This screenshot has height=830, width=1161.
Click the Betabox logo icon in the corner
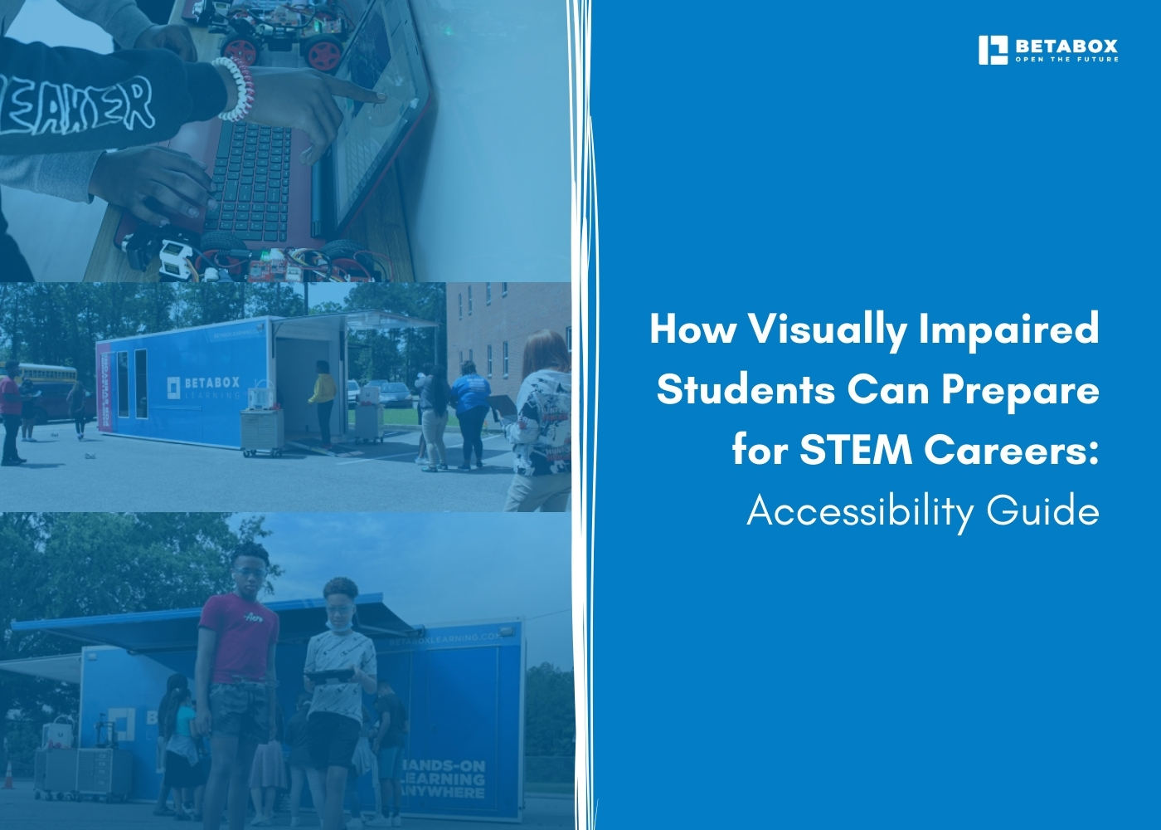pyautogui.click(x=993, y=50)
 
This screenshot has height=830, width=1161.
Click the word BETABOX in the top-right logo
pyautogui.click(x=1066, y=46)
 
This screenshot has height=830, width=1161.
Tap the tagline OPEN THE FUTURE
pyautogui.click(x=1066, y=60)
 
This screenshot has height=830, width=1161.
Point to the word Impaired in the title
pyautogui.click(x=1008, y=330)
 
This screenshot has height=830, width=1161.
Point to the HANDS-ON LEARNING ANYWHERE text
pyautogui.click(x=444, y=779)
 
